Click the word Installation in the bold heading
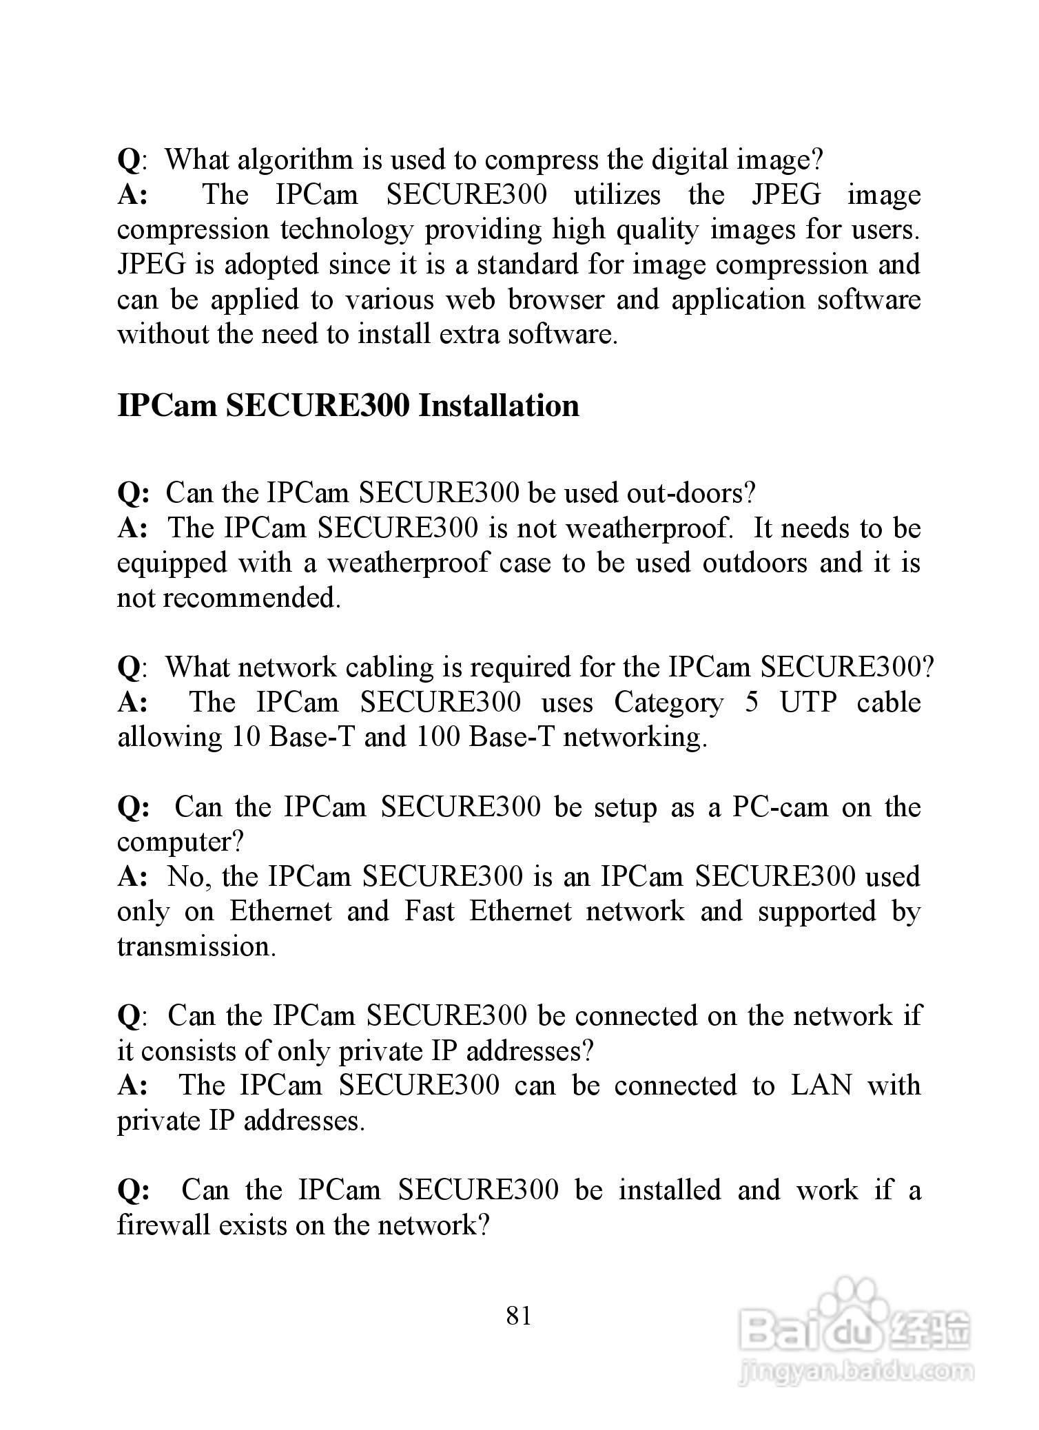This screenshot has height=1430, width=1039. click(499, 405)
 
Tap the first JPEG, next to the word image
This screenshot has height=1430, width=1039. click(787, 195)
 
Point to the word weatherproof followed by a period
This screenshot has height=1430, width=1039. click(648, 528)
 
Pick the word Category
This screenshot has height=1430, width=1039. click(668, 703)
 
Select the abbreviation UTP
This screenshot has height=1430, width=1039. click(808, 703)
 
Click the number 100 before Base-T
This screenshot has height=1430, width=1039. click(438, 737)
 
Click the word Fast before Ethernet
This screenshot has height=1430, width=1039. click(429, 911)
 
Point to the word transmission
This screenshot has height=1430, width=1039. click(196, 946)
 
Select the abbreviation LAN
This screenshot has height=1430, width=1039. click(821, 1086)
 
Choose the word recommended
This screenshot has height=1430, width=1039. click(251, 598)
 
